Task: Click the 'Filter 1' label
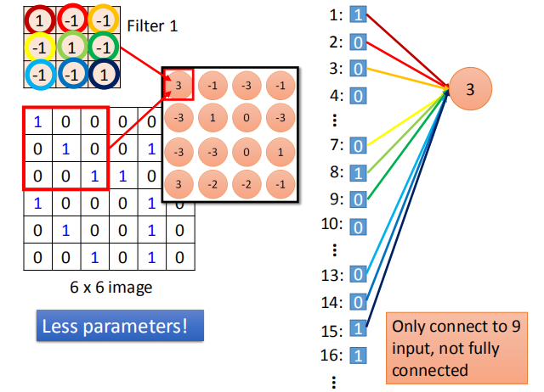(152, 26)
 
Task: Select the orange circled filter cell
(102, 18)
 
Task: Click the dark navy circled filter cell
(102, 73)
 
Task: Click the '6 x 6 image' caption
(110, 288)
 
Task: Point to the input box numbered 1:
(358, 14)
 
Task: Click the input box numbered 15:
(358, 328)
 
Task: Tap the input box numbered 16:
(358, 355)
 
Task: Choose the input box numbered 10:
(358, 227)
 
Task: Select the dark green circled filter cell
(102, 45)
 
